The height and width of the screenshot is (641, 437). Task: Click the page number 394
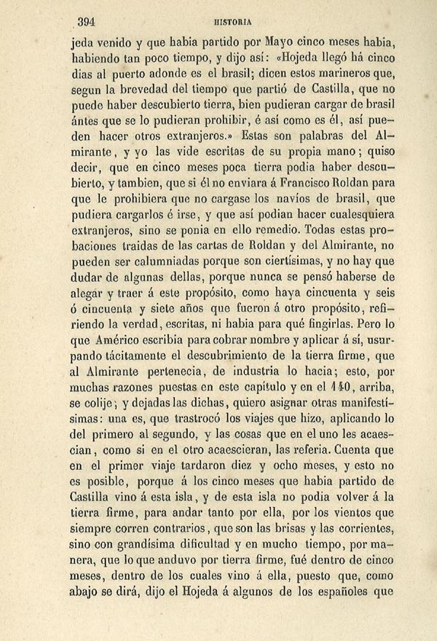point(87,21)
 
